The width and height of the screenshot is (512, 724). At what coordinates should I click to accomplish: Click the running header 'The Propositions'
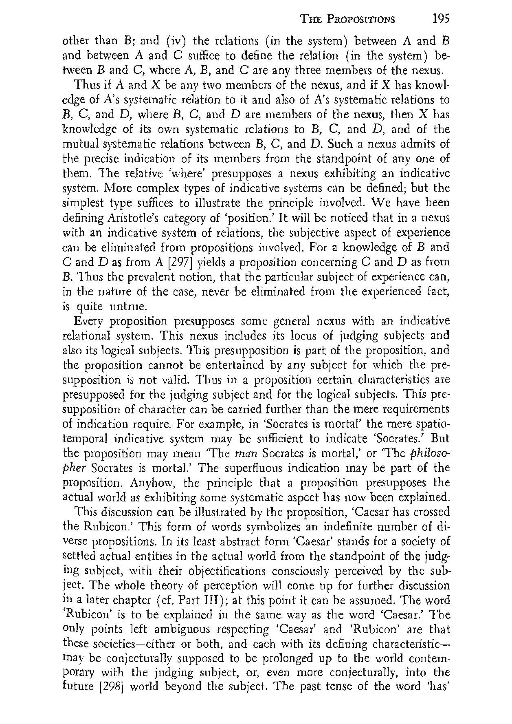point(347,19)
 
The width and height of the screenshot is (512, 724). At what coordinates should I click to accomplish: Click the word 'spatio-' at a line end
point(433,424)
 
